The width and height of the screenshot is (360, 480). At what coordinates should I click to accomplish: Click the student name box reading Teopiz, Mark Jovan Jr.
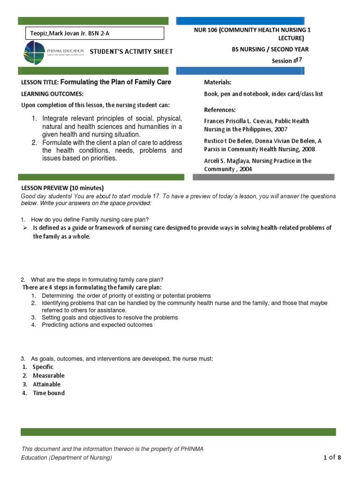94,33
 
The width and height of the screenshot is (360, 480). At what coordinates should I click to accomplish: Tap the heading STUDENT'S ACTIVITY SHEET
131,52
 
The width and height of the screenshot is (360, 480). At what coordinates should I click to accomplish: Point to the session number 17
300,60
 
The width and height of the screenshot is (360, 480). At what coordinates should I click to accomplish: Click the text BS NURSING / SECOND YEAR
270,49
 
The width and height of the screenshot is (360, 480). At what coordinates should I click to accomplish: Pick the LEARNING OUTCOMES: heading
52,94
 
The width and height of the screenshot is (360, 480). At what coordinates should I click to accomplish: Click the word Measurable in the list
48,375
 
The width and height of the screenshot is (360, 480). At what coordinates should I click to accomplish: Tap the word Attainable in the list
46,384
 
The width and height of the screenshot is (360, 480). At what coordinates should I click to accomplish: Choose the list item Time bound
48,393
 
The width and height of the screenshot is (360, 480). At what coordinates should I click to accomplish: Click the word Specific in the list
43,367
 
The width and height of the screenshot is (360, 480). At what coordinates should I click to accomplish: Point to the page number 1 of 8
332,457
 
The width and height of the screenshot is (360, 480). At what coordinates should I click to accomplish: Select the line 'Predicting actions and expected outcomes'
97,325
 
